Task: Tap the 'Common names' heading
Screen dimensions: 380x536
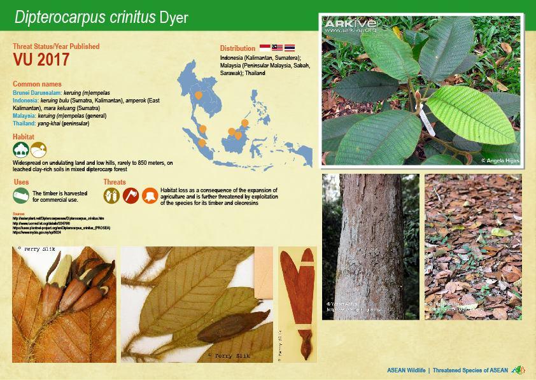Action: click(x=37, y=83)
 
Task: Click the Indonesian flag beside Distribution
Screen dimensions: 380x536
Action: click(x=265, y=48)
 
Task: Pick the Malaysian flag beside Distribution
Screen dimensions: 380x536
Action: click(x=277, y=48)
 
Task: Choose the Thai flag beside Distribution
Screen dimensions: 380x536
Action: click(x=289, y=48)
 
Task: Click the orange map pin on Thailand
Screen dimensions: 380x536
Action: click(x=199, y=95)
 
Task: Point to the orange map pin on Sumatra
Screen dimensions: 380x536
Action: click(x=202, y=142)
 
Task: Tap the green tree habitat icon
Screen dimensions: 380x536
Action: click(x=20, y=150)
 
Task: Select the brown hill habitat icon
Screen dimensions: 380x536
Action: click(x=38, y=150)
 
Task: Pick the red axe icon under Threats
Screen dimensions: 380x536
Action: click(x=130, y=195)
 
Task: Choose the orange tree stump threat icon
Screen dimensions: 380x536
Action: click(x=150, y=195)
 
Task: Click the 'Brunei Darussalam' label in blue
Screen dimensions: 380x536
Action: click(x=36, y=93)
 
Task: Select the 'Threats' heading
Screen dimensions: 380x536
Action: click(x=115, y=182)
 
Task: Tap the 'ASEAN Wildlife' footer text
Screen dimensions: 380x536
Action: click(x=406, y=370)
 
